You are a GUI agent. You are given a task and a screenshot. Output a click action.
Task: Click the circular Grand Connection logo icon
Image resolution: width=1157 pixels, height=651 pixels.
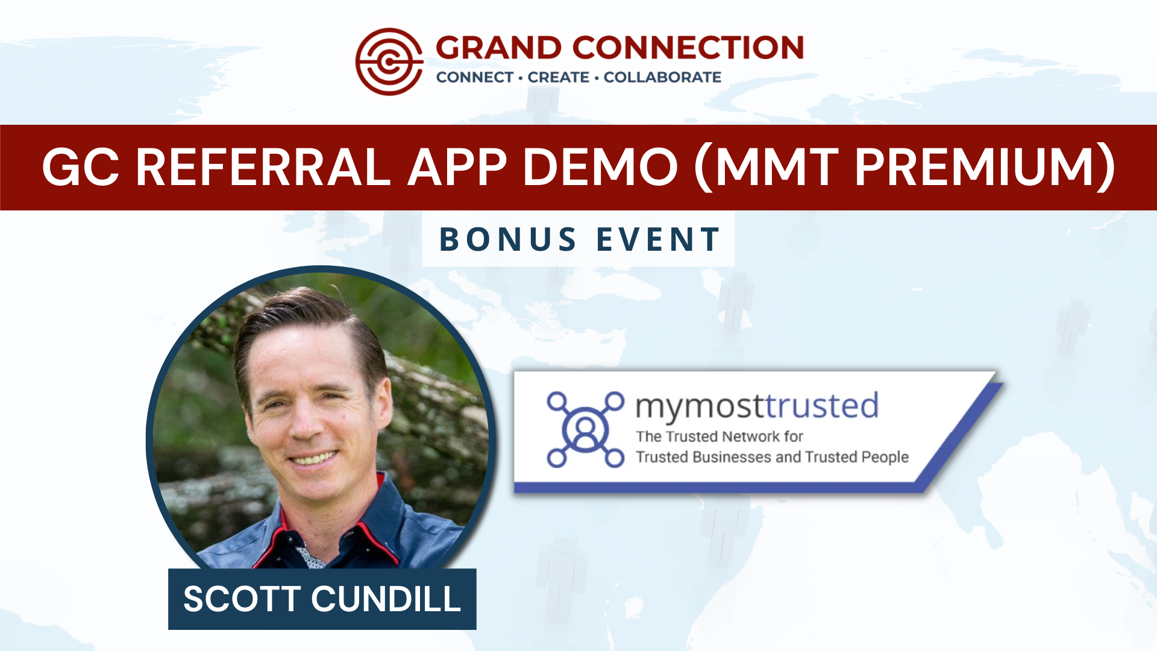coord(389,61)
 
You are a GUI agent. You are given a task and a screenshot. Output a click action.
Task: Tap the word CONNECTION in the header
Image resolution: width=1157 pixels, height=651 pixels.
coord(688,48)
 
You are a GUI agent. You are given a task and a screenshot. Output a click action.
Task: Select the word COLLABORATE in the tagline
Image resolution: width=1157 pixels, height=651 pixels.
coord(662,77)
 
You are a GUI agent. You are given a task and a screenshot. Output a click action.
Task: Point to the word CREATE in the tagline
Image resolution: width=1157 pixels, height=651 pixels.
coord(559,77)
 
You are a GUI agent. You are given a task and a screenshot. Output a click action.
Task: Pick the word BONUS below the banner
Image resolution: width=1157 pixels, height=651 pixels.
coord(508,239)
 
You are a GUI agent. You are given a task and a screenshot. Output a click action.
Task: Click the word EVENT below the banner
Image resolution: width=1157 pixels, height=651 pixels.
coord(658,239)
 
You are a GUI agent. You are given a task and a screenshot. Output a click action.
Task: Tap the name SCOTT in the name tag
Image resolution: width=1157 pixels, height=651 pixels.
coord(242,599)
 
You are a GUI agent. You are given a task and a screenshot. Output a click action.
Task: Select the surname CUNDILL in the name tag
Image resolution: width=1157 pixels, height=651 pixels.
coord(386,599)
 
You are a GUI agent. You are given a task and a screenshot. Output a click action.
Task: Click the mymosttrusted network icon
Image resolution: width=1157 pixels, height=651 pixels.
coord(585,429)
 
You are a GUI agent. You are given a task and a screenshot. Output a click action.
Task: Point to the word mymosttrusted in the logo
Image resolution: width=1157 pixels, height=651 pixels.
coord(757,406)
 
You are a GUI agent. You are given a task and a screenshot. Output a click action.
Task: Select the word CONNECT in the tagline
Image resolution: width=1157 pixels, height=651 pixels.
coord(475,77)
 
